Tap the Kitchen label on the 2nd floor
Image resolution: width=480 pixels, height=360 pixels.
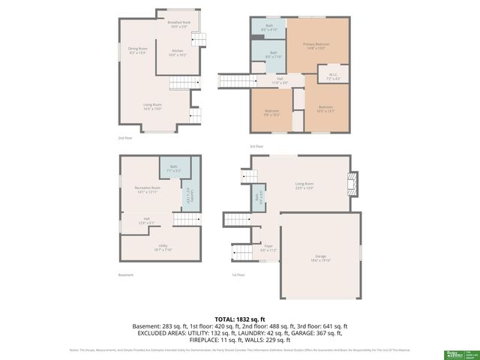coord(178,52)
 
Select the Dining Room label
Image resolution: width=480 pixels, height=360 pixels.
coord(137,51)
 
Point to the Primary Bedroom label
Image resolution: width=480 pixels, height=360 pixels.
coord(318,46)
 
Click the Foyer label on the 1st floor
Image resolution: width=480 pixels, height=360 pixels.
coord(268,247)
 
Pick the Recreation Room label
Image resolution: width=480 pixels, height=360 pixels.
coord(147,189)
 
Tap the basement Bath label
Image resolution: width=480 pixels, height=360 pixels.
coord(173,168)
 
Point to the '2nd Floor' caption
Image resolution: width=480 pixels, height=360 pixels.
coord(125,139)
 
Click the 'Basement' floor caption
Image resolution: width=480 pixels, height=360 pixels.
coord(126,274)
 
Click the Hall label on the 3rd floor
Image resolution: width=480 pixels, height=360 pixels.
coord(279,79)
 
